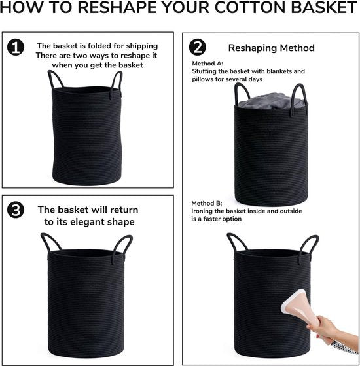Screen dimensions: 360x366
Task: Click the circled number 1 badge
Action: point(16,47)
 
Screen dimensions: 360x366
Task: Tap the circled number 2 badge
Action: point(198,47)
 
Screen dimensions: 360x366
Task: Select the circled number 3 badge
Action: point(16,210)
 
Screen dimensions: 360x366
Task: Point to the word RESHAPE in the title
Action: point(117,7)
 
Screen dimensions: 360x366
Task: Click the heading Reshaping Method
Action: point(272,48)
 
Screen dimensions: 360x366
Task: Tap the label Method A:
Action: point(207,64)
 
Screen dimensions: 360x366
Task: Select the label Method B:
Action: point(207,203)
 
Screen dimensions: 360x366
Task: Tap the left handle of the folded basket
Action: point(55,79)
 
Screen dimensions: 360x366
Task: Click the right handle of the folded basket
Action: point(117,84)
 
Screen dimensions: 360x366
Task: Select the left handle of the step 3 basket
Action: point(50,242)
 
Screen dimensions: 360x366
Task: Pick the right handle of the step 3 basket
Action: point(122,247)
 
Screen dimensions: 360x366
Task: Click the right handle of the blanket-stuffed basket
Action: point(300,98)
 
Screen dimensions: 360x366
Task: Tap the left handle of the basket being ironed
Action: point(236,242)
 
